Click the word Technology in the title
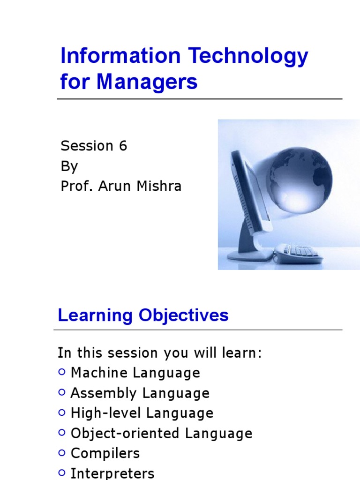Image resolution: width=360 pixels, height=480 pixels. [248, 57]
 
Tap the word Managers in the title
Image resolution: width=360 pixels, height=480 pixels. [147, 82]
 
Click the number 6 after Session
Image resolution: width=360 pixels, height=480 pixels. [123, 145]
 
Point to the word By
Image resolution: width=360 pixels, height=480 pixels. [69, 166]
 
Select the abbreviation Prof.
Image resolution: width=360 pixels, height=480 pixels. [77, 186]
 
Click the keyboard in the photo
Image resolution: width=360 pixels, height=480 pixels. [300, 252]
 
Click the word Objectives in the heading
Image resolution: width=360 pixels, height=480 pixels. [183, 315]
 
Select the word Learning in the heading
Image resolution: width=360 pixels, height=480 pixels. [95, 315]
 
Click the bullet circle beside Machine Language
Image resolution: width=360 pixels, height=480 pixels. [62, 372]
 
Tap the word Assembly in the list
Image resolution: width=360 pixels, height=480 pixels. [104, 393]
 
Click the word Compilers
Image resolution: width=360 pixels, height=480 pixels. [105, 453]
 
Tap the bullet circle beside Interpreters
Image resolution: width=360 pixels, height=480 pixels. [62, 472]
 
